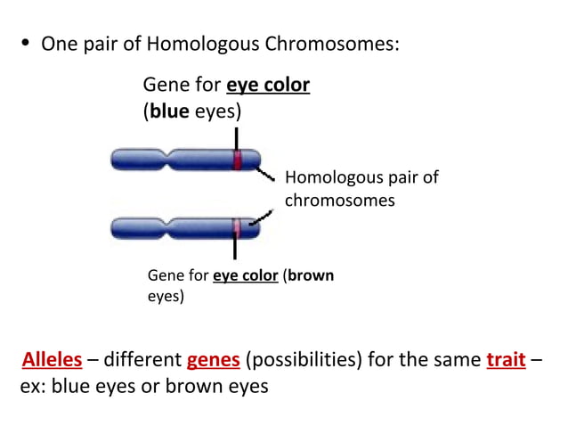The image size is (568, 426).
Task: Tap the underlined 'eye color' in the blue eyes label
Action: coord(268,86)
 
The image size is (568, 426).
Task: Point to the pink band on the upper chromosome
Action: coord(238,160)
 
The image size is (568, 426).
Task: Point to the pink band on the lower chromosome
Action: coord(237,228)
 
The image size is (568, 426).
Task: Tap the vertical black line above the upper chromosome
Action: coord(237,138)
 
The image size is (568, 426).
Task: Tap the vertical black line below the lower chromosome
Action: coord(235,250)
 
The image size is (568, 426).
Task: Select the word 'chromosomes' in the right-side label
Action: coord(339,201)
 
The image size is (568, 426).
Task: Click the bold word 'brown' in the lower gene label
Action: coord(311,275)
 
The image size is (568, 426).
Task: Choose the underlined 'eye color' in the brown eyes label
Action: coord(246,275)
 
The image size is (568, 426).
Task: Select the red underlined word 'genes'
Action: coord(213,360)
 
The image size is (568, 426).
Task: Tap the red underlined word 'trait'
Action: coord(506,360)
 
